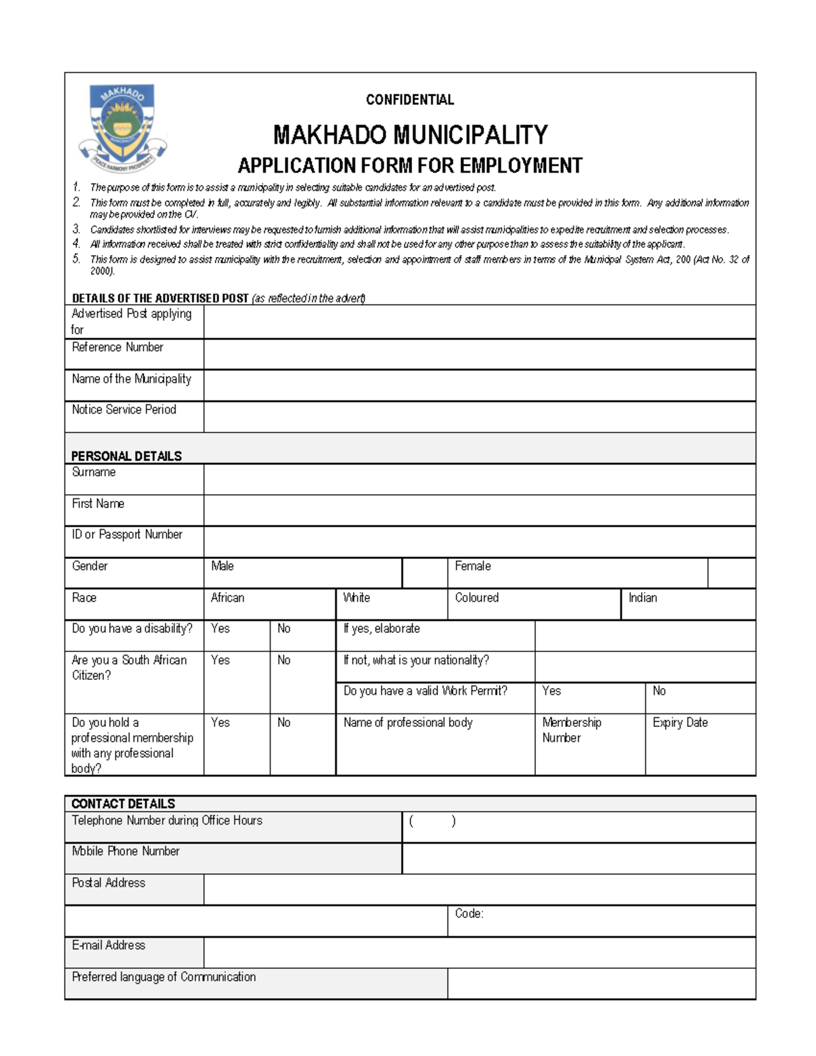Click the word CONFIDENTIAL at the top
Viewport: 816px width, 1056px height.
409,100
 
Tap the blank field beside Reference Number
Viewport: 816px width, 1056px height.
479,354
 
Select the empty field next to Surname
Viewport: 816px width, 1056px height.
479,479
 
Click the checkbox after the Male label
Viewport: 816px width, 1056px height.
424,573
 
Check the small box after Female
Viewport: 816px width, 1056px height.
731,573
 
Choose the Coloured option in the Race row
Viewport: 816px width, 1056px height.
477,598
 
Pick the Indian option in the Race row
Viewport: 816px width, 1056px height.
643,598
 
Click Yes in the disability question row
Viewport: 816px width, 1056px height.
220,629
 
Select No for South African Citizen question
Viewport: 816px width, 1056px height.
284,660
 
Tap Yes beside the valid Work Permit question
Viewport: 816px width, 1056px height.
551,691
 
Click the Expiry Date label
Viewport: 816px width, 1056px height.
680,722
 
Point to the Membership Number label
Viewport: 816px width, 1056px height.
571,730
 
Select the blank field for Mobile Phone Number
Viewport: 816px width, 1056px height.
578,858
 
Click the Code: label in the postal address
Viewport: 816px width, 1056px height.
469,913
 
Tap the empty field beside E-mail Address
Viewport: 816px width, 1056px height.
479,952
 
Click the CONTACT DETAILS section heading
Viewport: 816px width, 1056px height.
123,804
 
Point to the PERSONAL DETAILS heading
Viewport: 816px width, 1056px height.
126,456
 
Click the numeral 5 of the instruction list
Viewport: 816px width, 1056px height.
77,258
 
